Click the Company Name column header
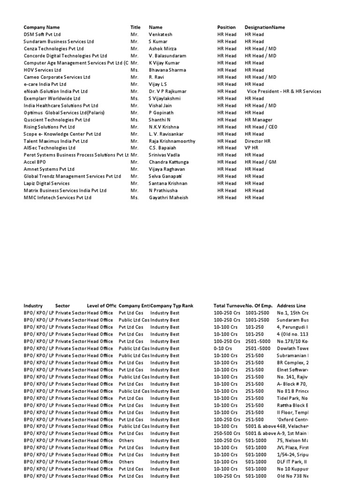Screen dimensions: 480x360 coord(42,28)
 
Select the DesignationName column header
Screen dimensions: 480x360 coord(264,28)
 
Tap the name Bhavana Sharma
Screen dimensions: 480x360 coord(167,70)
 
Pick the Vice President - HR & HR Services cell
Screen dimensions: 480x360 coord(284,91)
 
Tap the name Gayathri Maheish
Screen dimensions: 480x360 coord(168,198)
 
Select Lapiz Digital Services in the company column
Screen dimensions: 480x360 coord(46,184)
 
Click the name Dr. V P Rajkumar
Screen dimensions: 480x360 coord(168,91)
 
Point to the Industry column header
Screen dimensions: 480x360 coord(33,306)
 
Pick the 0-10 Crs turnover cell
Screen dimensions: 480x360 coord(223,348)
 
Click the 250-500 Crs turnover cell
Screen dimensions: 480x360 coord(227,434)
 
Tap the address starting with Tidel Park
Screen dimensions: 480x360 coord(292,398)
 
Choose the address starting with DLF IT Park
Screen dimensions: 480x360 coord(292,462)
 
